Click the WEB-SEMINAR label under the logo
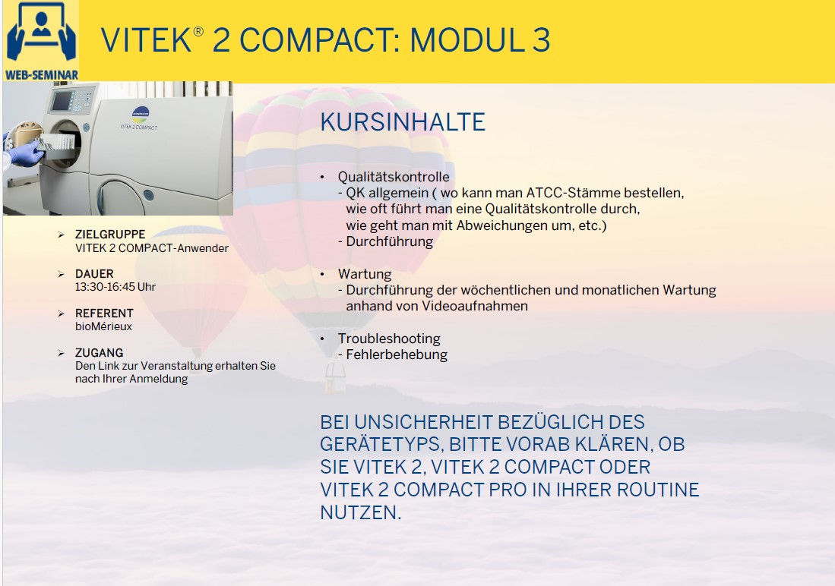41,75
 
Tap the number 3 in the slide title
541,40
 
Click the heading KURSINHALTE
403,122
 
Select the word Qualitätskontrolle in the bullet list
394,177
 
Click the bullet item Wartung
365,274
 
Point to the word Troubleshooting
389,339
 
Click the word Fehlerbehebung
397,354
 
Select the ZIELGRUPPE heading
109,235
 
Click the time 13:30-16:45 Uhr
115,287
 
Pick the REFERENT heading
104,313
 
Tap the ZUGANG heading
99,353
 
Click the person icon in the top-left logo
40,30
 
